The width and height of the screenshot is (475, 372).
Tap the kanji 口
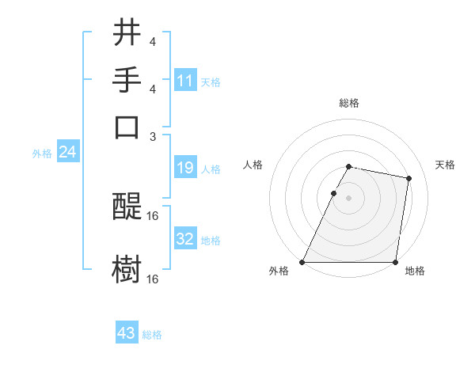pyautogui.click(x=127, y=127)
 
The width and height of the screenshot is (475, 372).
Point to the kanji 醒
pyautogui.click(x=127, y=208)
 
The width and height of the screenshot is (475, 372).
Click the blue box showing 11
pyautogui.click(x=185, y=81)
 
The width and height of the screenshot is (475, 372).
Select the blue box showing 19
pyautogui.click(x=185, y=169)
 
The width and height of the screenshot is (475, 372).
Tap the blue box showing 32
pyautogui.click(x=185, y=239)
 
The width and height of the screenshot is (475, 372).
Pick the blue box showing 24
pyautogui.click(x=67, y=153)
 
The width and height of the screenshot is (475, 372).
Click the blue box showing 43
pyautogui.click(x=127, y=334)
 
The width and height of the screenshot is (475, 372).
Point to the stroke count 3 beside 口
pyautogui.click(x=153, y=136)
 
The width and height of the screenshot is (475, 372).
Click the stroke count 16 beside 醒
pyautogui.click(x=154, y=215)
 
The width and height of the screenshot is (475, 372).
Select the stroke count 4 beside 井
pyautogui.click(x=153, y=41)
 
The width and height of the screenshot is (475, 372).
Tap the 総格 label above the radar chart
pyautogui.click(x=349, y=104)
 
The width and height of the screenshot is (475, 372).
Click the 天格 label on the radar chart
pyautogui.click(x=445, y=165)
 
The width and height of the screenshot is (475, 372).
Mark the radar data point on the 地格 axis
pyautogui.click(x=395, y=262)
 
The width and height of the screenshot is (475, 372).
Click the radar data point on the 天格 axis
pyautogui.click(x=408, y=179)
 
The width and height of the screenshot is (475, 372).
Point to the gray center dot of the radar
pyautogui.click(x=349, y=198)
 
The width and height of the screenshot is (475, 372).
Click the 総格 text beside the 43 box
pyautogui.click(x=152, y=335)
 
